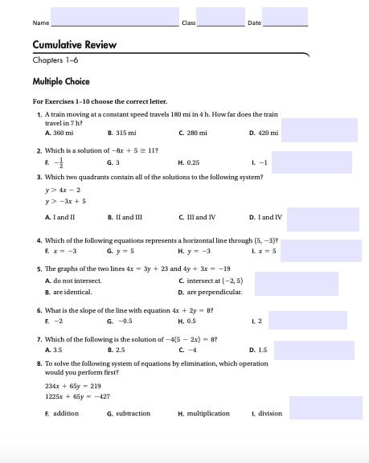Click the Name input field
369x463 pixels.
coord(114,17)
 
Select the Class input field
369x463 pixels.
coord(220,17)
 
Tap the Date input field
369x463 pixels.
coord(285,17)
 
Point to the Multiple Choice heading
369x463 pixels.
coord(61,81)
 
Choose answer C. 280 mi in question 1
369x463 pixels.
coord(193,132)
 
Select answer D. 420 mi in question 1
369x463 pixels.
coord(264,132)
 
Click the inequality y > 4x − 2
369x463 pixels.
coord(64,189)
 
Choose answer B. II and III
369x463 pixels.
coord(125,217)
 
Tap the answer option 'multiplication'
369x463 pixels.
coord(204,413)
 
